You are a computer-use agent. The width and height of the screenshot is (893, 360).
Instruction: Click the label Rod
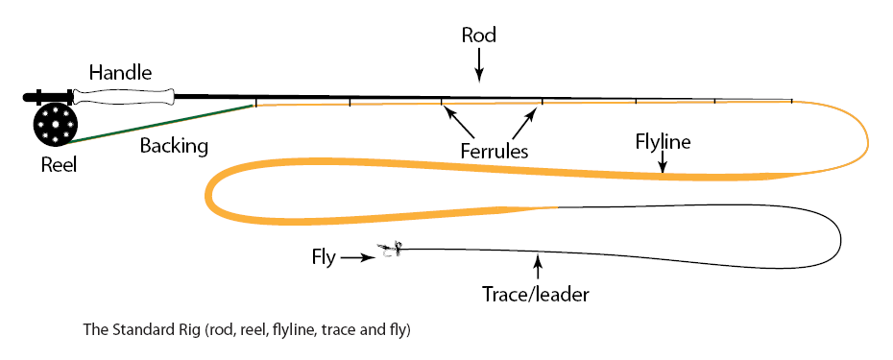click(x=478, y=36)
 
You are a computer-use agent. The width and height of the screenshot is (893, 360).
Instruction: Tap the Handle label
click(x=120, y=72)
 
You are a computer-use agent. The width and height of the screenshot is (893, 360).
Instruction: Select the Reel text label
click(x=58, y=165)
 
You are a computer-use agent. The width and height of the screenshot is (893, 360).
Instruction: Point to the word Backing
click(x=174, y=147)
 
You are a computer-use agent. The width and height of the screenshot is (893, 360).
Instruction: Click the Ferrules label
click(x=493, y=151)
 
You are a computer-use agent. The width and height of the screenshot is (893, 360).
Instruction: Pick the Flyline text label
click(x=664, y=142)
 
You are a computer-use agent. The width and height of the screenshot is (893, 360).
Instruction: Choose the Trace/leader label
click(x=535, y=294)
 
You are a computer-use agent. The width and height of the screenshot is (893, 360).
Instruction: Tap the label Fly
click(x=324, y=256)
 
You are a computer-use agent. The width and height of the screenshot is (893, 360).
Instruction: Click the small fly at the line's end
click(x=390, y=251)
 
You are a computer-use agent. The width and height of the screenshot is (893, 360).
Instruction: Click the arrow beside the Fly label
click(x=357, y=257)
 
